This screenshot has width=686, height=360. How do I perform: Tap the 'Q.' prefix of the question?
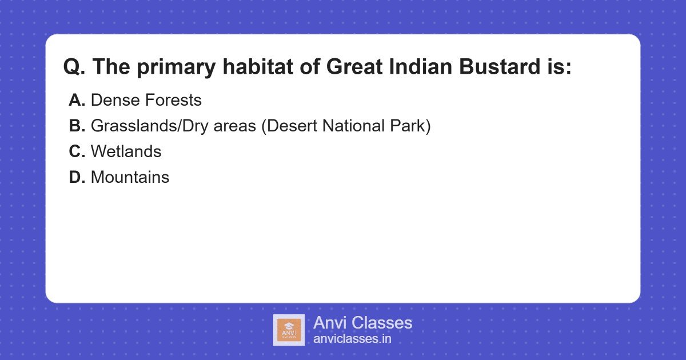(74, 67)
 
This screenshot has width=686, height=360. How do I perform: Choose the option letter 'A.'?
(77, 101)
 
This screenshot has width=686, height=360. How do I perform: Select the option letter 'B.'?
(77, 126)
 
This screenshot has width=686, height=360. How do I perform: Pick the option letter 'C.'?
(77, 152)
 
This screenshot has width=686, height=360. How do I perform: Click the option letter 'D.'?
(77, 178)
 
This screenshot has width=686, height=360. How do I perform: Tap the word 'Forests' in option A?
(173, 101)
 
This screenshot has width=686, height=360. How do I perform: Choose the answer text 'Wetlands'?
(126, 152)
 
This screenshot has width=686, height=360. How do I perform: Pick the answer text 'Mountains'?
(130, 178)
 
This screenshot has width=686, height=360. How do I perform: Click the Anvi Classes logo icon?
(289, 330)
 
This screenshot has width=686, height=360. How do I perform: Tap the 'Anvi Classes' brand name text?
(362, 323)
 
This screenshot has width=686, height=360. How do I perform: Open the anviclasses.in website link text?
(352, 339)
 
